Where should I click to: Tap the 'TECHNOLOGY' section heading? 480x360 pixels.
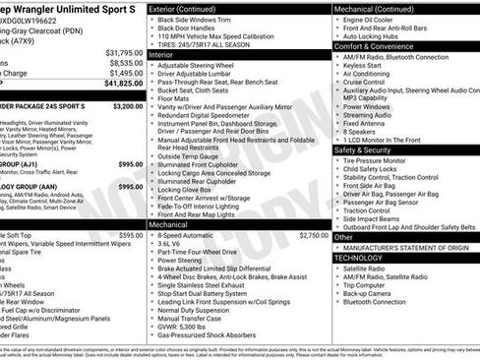[x=358, y=257]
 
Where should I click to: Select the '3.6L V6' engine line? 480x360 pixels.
[x=174, y=246]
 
